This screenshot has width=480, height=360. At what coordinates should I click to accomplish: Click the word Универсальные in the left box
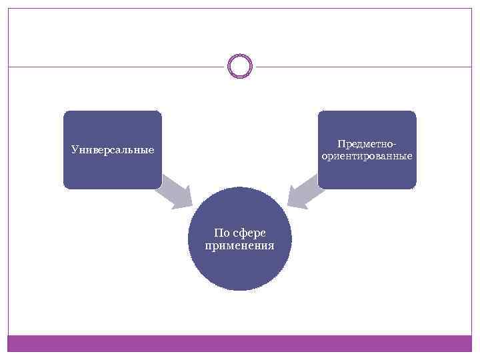click(x=113, y=150)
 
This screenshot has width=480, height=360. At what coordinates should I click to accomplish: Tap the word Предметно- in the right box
click(x=367, y=144)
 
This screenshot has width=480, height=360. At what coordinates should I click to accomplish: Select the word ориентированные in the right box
click(x=367, y=156)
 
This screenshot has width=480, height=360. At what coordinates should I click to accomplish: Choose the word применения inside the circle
click(x=240, y=245)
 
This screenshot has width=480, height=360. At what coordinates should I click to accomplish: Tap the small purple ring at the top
click(x=240, y=55)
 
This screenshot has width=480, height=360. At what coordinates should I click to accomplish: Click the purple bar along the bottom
click(x=240, y=343)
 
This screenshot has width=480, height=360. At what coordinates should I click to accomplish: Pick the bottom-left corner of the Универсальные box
click(x=65, y=187)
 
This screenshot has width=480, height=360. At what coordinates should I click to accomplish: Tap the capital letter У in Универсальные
click(x=75, y=150)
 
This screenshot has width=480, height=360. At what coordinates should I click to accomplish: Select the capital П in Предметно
click(x=341, y=144)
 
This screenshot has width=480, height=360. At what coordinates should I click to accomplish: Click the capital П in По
click(x=218, y=233)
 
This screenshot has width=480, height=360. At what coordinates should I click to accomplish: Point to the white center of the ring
click(x=240, y=66)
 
